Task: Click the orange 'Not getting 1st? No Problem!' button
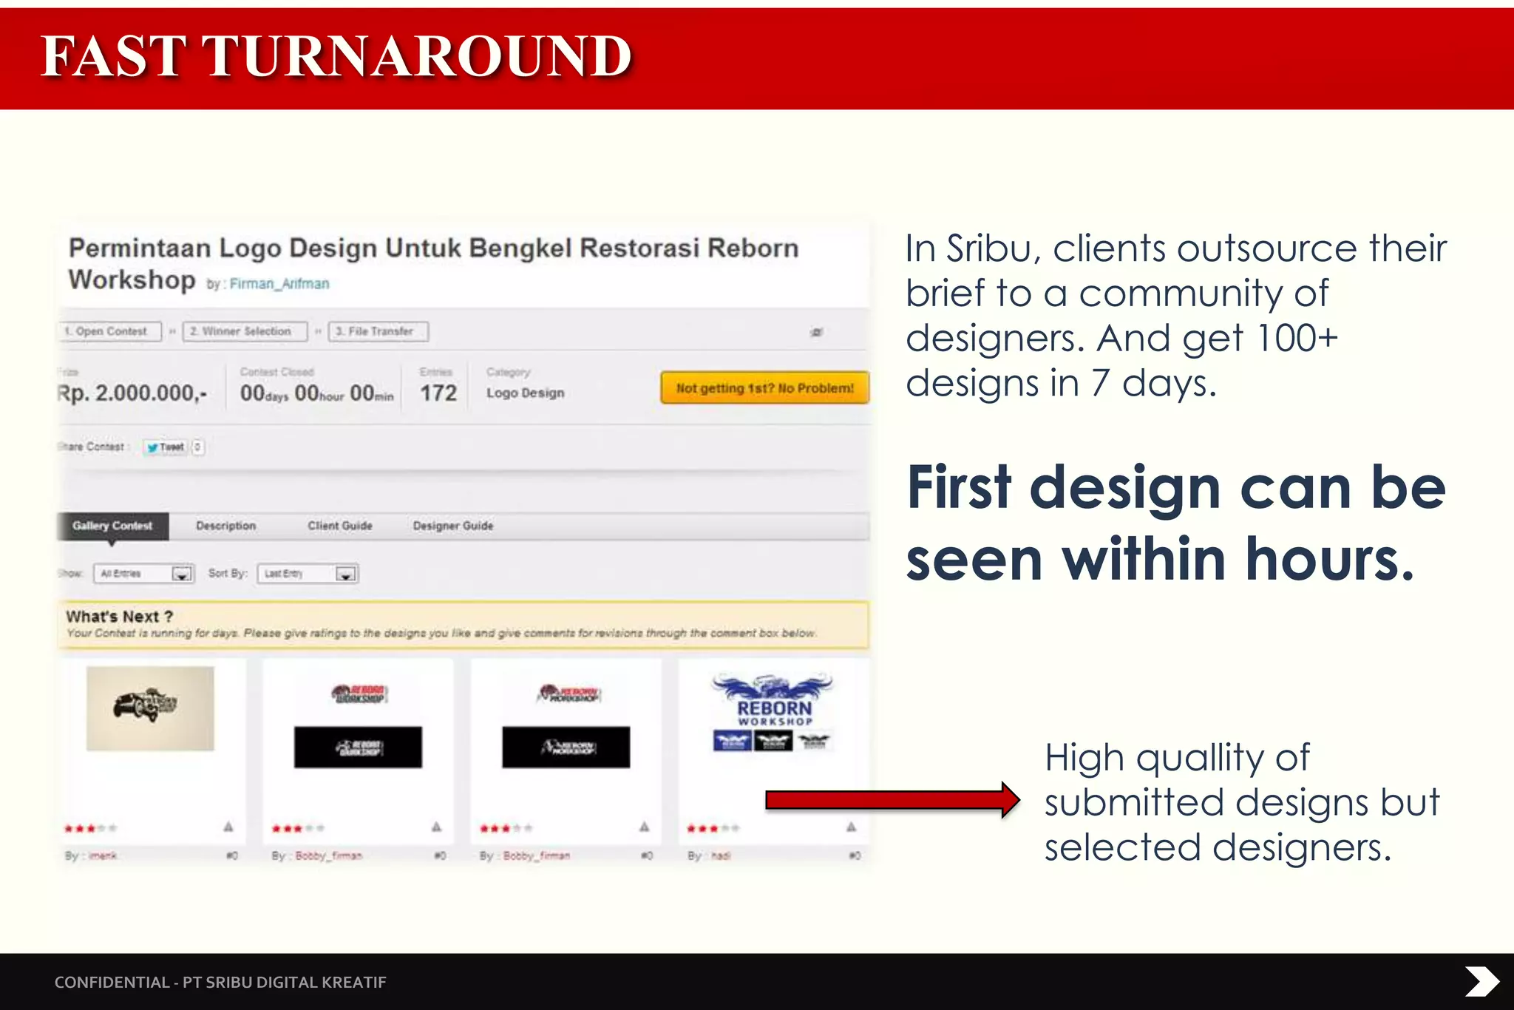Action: pos(764,388)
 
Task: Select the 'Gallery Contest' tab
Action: pos(112,526)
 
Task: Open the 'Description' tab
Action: pos(225,526)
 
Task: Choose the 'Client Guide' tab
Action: pos(340,526)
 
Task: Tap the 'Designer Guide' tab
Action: pos(452,526)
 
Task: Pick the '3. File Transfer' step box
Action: pos(378,331)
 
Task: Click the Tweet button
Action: pos(166,447)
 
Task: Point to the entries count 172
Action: pos(438,393)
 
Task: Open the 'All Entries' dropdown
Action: pos(143,574)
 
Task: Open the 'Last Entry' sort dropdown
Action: pos(308,574)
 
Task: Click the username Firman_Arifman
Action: pos(279,284)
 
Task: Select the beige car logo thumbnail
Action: pos(150,708)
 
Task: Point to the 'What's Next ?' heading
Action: pos(119,617)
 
